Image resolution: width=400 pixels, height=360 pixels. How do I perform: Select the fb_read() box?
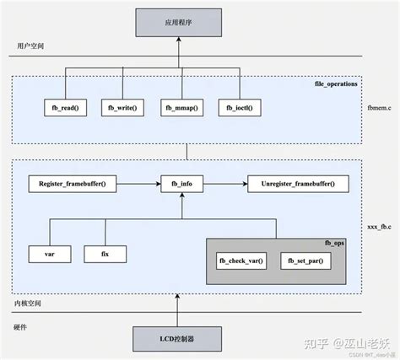click(65, 107)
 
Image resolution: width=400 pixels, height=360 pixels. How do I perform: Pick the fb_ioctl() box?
click(240, 107)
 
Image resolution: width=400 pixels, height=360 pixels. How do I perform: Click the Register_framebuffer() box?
click(73, 183)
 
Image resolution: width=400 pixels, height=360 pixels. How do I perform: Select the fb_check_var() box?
click(241, 261)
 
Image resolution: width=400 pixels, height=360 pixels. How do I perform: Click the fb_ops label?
click(336, 243)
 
